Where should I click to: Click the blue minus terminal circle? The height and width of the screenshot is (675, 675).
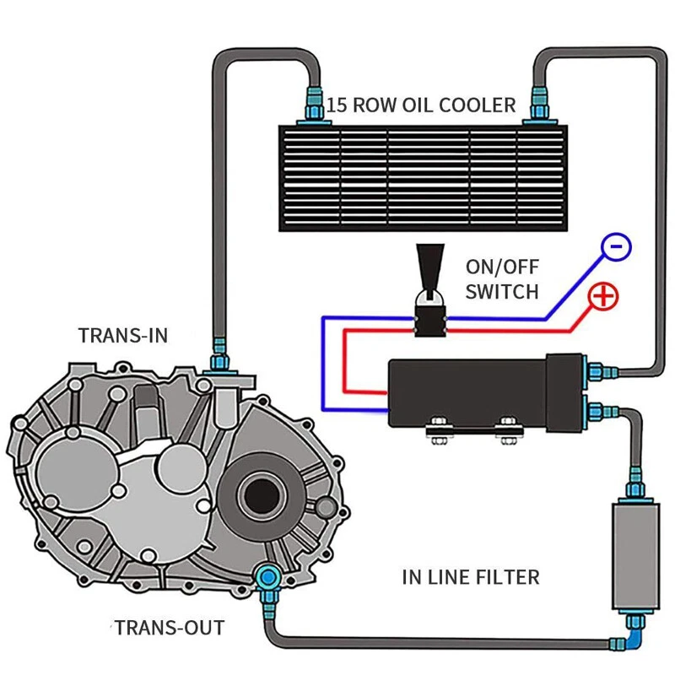coord(616,246)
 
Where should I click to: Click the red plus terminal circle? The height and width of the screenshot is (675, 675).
coord(603,296)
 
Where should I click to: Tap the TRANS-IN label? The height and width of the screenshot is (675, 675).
coord(123,335)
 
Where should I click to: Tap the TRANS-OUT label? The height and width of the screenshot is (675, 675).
coord(170,628)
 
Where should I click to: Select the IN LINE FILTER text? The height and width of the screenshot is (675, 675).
coord(470,577)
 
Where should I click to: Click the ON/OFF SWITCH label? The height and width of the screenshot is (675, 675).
coord(501,279)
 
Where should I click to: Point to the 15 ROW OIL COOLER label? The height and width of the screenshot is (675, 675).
coord(421,105)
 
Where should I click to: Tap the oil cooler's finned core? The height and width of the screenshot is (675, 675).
coord(423,177)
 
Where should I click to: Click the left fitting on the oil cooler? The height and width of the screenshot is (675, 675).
coord(315,105)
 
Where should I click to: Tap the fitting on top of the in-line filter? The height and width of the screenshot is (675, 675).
coord(632,487)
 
